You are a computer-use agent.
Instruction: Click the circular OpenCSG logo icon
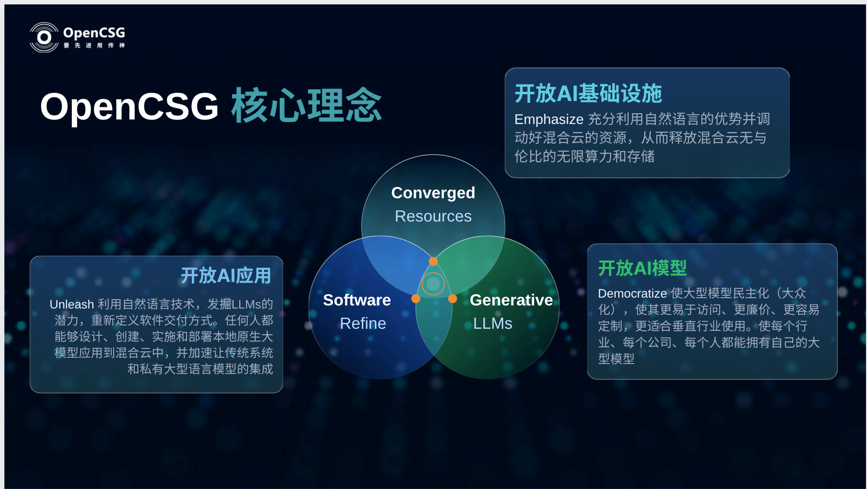coord(44,38)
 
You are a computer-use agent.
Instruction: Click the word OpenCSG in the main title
coord(129,106)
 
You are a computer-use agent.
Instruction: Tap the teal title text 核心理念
coord(306,105)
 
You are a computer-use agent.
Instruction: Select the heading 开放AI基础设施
coord(588,93)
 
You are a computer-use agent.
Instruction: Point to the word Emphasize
coord(549,119)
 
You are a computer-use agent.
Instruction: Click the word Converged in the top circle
coord(433,193)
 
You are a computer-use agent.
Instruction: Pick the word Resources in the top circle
coord(433,216)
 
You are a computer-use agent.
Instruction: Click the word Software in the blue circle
coord(357,300)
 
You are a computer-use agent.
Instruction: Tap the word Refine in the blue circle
coord(363,324)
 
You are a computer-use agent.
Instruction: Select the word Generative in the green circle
coord(511,300)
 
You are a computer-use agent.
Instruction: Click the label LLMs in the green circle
coord(493,324)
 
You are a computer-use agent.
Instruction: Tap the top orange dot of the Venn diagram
coord(433,262)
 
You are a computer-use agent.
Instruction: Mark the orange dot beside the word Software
coord(416,299)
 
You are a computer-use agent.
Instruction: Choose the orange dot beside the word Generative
coord(453,299)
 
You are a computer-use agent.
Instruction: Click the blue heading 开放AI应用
coord(226,276)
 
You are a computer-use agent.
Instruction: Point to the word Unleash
coord(72,305)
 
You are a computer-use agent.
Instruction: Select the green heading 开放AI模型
coord(642,268)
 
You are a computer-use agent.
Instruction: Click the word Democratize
coord(632,293)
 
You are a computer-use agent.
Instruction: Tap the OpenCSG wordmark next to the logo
coord(94,33)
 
